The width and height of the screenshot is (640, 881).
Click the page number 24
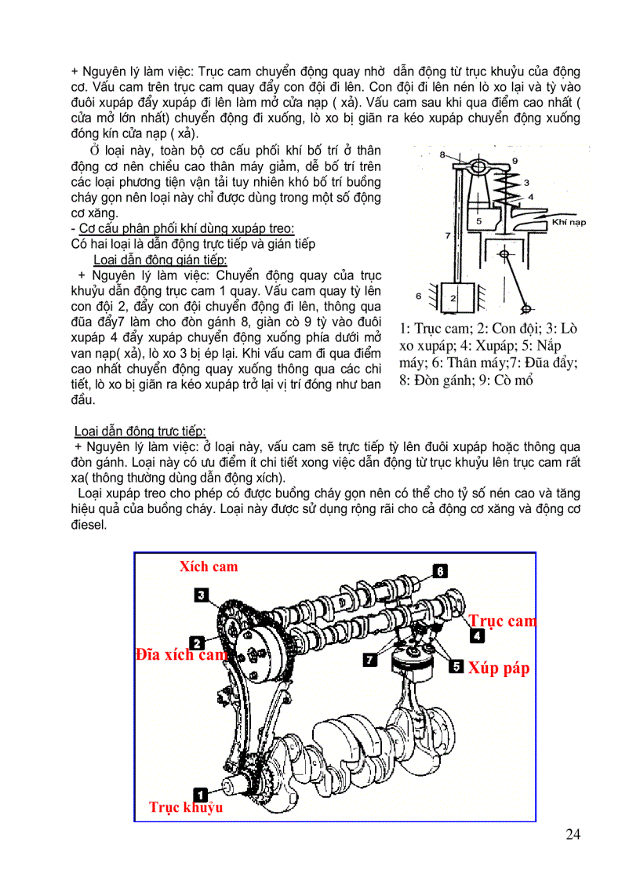(x=573, y=833)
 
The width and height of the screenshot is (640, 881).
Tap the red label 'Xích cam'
(x=208, y=566)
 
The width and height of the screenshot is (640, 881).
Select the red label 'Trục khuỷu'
(x=186, y=807)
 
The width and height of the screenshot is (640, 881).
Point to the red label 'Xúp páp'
(x=499, y=668)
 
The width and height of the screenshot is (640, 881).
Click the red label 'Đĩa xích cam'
(x=181, y=654)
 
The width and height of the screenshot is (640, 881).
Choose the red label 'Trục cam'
(x=503, y=621)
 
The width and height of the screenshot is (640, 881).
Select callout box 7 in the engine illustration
(x=369, y=661)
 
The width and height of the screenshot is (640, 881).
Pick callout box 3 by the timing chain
(x=202, y=595)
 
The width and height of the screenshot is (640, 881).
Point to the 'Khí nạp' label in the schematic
(x=569, y=222)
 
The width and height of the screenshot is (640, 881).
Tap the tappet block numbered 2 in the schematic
(x=453, y=297)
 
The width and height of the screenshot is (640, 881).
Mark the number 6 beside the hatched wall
(x=420, y=295)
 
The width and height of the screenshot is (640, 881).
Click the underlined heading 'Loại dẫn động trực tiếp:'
(x=140, y=431)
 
